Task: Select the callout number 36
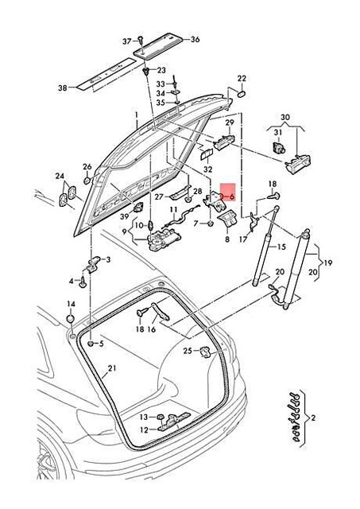[195, 40]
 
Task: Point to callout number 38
[63, 89]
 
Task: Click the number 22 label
[242, 78]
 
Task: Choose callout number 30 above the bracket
[285, 117]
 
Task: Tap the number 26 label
[87, 167]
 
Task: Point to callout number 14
[71, 304]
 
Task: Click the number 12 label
[145, 430]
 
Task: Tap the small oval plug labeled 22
[238, 93]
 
